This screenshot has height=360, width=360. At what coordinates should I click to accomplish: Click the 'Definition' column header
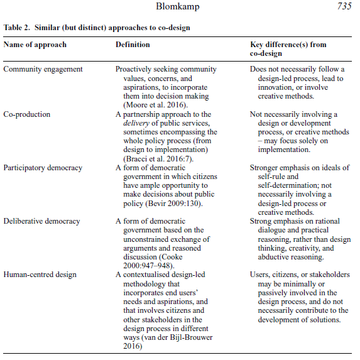tap(133, 45)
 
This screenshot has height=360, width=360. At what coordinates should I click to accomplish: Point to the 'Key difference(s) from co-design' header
tap(288, 49)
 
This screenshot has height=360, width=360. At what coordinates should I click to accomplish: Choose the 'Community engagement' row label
tap(43, 68)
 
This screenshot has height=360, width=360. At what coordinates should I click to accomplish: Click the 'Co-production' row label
tap(28, 114)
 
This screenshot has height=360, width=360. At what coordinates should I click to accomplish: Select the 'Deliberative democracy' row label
tap(43, 221)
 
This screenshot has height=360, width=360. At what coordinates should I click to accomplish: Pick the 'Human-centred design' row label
tap(40, 275)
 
